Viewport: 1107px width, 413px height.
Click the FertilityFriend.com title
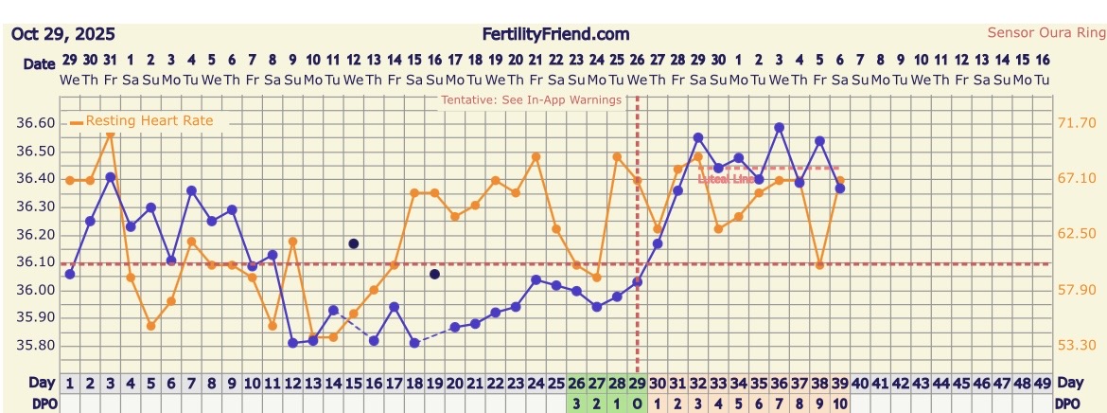tap(554, 34)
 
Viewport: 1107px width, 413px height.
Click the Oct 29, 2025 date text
tap(63, 34)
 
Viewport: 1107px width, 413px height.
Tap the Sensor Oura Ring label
tap(1045, 32)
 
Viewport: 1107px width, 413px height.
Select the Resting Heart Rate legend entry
tap(149, 121)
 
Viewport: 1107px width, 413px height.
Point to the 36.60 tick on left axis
tap(36, 123)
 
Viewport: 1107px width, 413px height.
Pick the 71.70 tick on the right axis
tap(1076, 123)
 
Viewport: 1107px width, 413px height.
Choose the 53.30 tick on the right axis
tap(1076, 346)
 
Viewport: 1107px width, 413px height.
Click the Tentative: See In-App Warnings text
tap(531, 99)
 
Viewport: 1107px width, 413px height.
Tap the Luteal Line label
tap(726, 178)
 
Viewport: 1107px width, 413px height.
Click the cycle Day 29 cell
tap(637, 384)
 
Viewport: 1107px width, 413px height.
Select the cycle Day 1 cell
tap(70, 384)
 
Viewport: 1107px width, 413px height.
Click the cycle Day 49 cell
tap(1042, 384)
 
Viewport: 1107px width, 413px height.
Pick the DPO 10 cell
tap(839, 403)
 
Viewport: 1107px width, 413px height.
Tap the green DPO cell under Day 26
tap(576, 403)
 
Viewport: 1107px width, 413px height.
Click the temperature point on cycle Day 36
tap(779, 127)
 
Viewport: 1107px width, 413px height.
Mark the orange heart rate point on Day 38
tap(819, 265)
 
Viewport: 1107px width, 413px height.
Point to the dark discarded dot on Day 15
tap(354, 243)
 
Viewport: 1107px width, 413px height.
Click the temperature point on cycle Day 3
tap(111, 177)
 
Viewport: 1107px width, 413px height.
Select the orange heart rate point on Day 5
tap(150, 326)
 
